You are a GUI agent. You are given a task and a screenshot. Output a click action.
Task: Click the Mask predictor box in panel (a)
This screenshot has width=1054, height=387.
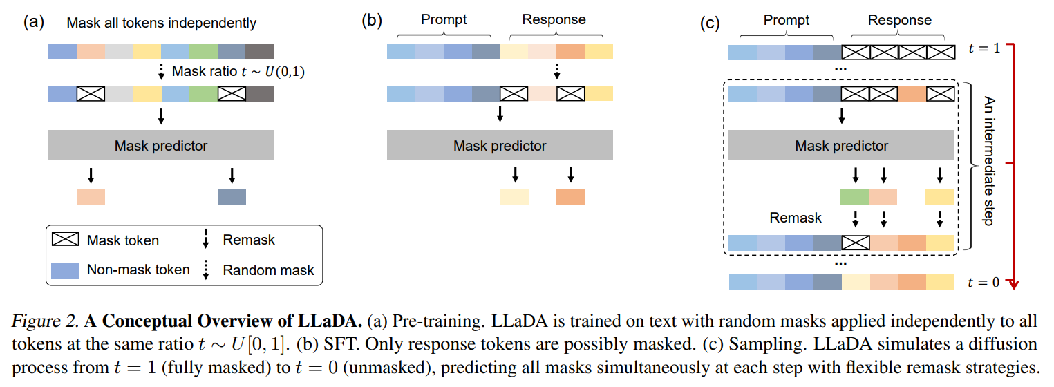(x=161, y=146)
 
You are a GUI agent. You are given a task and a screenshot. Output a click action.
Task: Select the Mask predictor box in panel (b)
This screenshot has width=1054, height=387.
(x=500, y=146)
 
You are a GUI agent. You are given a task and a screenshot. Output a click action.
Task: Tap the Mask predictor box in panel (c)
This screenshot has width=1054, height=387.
(x=841, y=146)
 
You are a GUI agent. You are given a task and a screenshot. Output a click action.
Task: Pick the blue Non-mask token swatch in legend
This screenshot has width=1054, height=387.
(x=65, y=270)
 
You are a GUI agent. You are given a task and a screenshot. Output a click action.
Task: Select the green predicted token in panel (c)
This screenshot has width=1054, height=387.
(x=855, y=196)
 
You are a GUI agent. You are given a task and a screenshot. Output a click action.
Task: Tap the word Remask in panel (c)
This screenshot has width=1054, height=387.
(x=796, y=218)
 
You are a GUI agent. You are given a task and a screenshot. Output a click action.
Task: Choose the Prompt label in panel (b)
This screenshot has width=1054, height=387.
(x=444, y=19)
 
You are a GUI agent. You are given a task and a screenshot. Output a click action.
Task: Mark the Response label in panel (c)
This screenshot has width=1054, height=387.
(x=899, y=19)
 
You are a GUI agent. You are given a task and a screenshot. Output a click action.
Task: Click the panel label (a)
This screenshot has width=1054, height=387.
(x=35, y=21)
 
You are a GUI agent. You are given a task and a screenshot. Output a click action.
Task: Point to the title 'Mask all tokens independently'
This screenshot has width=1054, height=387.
(x=161, y=23)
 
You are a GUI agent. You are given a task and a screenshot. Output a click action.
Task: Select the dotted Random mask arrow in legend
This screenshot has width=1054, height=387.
(x=206, y=270)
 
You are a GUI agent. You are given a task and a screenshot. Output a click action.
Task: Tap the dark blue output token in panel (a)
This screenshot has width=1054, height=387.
(x=232, y=197)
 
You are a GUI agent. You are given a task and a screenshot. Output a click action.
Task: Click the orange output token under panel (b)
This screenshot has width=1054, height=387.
(x=570, y=197)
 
